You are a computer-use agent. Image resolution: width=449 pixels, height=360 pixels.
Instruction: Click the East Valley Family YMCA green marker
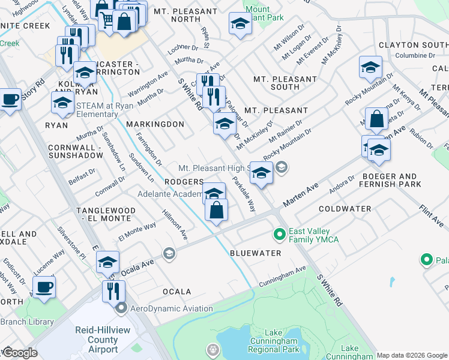(279, 233)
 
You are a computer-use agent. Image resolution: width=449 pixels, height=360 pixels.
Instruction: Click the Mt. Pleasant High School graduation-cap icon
(261, 173)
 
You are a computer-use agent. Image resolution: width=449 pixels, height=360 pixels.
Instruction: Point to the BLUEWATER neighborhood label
(256, 254)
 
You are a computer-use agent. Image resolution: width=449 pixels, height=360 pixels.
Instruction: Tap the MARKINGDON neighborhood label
(155, 124)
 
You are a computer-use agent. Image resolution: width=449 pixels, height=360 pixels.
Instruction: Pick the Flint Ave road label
(431, 215)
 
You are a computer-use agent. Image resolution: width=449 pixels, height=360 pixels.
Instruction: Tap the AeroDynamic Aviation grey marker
(121, 308)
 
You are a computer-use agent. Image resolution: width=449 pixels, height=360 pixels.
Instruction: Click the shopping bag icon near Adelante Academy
(216, 210)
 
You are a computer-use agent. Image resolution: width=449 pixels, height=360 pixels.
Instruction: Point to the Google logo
(20, 353)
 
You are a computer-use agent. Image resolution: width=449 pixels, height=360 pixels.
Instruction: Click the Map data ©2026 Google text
(412, 355)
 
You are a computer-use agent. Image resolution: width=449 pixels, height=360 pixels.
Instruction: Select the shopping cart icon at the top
(107, 19)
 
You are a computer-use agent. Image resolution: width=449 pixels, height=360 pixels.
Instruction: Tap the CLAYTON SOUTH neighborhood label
(414, 46)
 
